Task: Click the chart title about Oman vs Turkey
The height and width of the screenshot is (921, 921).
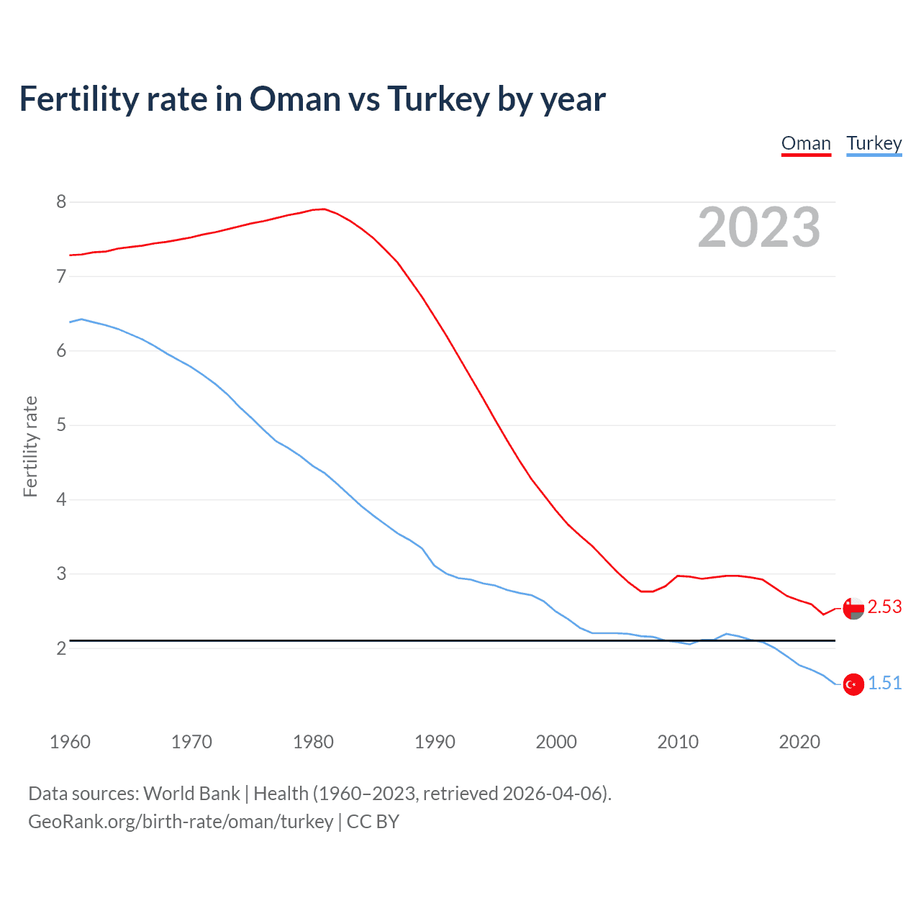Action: (x=312, y=99)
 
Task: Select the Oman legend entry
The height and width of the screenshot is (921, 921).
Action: (x=806, y=143)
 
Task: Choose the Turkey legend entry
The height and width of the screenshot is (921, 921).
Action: (x=874, y=143)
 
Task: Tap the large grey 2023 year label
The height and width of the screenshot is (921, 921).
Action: (x=758, y=227)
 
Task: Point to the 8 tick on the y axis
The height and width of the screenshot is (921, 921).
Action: (x=61, y=202)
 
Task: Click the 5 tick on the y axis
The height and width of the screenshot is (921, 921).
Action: (x=61, y=425)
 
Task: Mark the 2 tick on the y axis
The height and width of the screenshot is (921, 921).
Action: (x=61, y=648)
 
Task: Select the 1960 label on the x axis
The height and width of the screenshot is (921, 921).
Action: (x=70, y=742)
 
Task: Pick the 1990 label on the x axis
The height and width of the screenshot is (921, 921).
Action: (x=435, y=742)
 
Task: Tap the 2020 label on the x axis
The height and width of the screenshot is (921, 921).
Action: (x=799, y=742)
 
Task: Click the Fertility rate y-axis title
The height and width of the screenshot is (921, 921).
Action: (x=30, y=446)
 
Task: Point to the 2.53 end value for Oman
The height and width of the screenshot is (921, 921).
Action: (x=884, y=607)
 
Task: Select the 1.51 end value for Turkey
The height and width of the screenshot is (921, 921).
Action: (x=884, y=684)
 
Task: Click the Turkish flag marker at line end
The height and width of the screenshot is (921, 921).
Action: (x=853, y=684)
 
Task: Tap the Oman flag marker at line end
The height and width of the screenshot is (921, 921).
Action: (x=853, y=608)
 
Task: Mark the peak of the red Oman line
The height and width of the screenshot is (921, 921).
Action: (x=323, y=209)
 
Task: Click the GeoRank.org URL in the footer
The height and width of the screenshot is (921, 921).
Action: (x=181, y=822)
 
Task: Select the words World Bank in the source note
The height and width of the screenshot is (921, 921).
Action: (x=191, y=794)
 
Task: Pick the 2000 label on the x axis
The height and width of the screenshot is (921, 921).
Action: (x=556, y=742)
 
